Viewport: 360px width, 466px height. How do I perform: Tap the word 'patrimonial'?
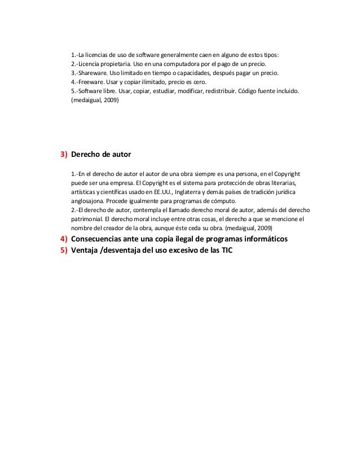[x=89, y=219]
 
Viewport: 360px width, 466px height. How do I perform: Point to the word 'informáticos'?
[x=260, y=239]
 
